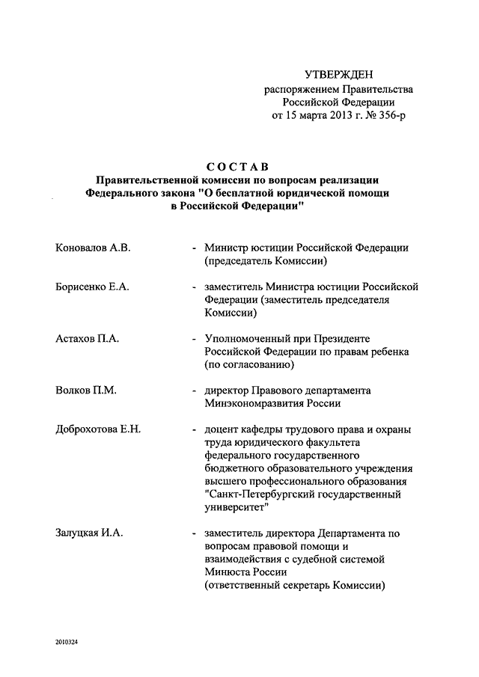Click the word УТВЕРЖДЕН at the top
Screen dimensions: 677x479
click(338, 74)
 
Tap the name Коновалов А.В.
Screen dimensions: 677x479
click(94, 248)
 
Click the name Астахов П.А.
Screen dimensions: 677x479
click(88, 339)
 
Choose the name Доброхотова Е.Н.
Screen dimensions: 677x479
click(98, 429)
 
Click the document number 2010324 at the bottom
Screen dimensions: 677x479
click(66, 643)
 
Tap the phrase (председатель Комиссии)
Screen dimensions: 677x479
click(266, 262)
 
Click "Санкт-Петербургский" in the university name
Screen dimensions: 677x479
click(257, 494)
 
